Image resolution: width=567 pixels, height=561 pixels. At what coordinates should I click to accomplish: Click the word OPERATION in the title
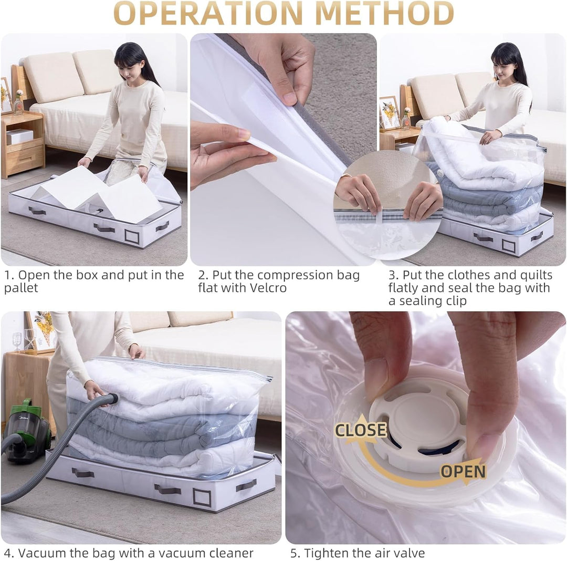pyautogui.click(x=208, y=13)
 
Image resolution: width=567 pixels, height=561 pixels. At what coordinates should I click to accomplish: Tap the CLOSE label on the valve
pyautogui.click(x=361, y=430)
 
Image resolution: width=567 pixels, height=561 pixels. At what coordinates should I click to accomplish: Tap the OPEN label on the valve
pyautogui.click(x=463, y=472)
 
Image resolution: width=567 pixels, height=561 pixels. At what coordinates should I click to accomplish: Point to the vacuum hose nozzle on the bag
pyautogui.click(x=111, y=399)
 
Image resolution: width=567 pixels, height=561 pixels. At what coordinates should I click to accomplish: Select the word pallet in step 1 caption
pyautogui.click(x=21, y=288)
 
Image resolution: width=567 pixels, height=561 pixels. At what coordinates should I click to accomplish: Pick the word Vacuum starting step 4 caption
pyautogui.click(x=41, y=553)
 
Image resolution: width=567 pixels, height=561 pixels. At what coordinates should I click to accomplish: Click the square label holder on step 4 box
pyautogui.click(x=202, y=497)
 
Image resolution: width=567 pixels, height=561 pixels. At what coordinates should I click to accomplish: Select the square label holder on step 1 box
pyautogui.click(x=132, y=236)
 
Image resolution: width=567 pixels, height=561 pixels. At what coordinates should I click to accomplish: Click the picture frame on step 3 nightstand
pyautogui.click(x=390, y=112)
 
